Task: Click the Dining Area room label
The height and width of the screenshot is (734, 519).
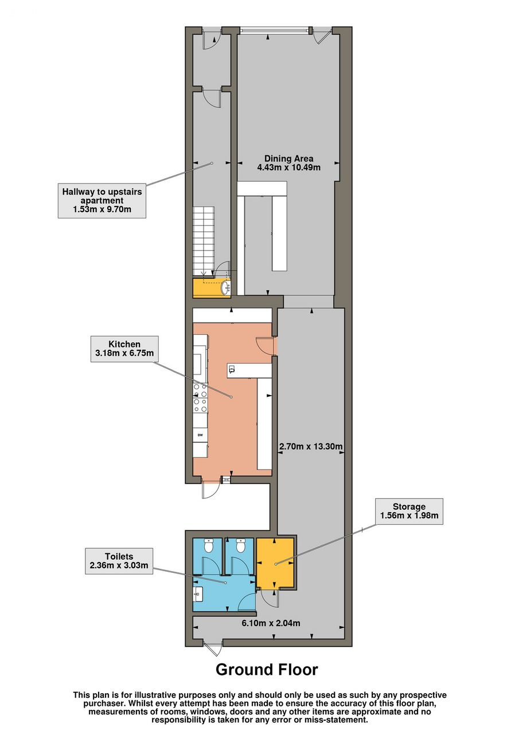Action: tap(288, 163)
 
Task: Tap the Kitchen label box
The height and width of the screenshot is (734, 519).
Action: tap(124, 349)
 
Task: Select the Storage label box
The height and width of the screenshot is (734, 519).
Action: tap(409, 511)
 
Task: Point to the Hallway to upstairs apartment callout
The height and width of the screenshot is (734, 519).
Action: tap(102, 201)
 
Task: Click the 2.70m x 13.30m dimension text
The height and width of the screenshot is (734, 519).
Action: tap(311, 446)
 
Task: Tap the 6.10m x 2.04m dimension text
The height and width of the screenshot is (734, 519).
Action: tap(271, 623)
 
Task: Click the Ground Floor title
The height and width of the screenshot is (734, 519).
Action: tap(267, 669)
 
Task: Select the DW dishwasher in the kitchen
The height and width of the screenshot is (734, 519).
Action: tap(200, 435)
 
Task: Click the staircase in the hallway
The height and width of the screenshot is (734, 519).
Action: tap(204, 240)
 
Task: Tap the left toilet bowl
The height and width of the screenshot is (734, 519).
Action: tap(208, 545)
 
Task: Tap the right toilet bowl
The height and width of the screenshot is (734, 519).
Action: tap(240, 545)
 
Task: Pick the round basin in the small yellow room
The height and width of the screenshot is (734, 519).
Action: tap(226, 288)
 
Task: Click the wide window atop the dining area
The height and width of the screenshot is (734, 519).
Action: tap(275, 30)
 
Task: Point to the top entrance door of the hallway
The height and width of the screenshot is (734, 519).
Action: tap(212, 38)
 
